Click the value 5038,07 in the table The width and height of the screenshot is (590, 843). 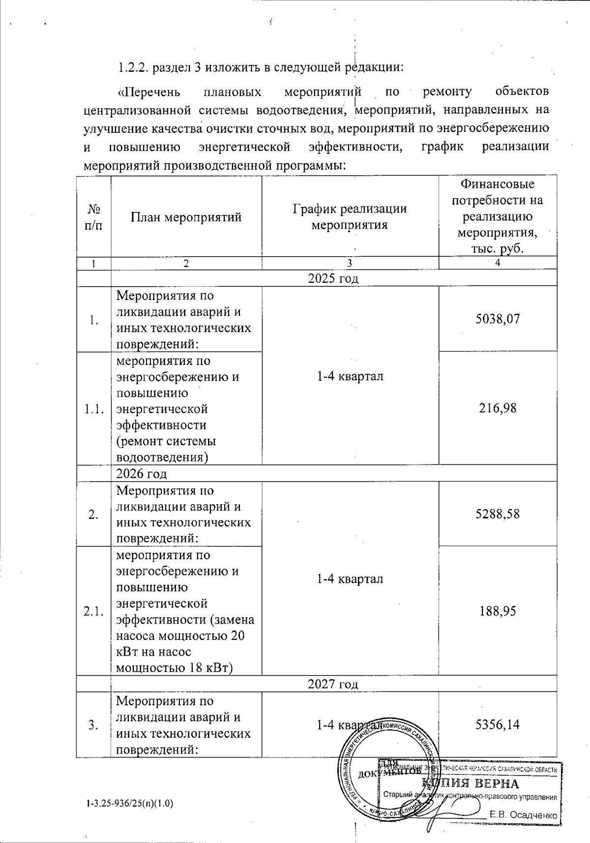pos(498,319)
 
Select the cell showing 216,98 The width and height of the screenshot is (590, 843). pos(498,408)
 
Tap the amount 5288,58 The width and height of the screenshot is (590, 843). pos(498,514)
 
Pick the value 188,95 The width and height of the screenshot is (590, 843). pos(498,611)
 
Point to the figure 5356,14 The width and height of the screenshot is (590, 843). pos(498,724)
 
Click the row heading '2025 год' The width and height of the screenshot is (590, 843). pos(333,278)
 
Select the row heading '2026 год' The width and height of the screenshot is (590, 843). pos(141,474)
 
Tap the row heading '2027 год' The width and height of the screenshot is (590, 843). pos(333,684)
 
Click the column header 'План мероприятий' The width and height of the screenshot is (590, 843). pos(186,217)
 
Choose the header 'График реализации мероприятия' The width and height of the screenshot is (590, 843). pos(350,217)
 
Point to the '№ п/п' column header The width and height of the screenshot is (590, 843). pos(93,217)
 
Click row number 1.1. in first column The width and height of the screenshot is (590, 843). pos(93,409)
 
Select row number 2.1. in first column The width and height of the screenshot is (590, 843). pos(93,611)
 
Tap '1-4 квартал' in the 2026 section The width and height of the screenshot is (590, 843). pos(350,579)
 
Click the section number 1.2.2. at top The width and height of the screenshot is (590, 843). pos(133,67)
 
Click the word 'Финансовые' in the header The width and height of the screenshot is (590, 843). pos(497,184)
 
